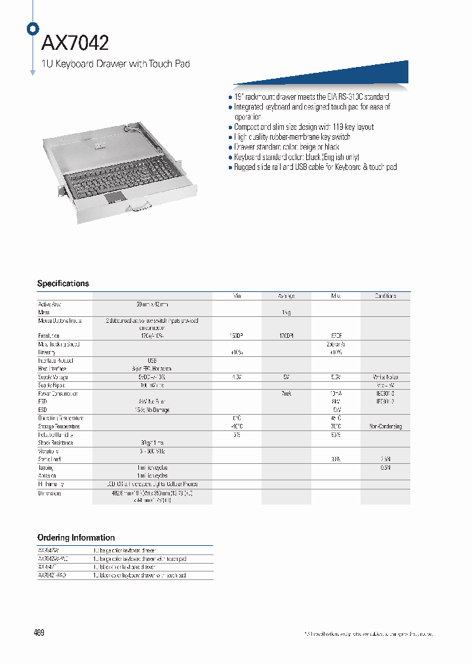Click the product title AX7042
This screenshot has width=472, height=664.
click(x=75, y=43)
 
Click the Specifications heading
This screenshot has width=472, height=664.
click(x=63, y=283)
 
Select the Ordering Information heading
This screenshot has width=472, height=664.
click(x=76, y=537)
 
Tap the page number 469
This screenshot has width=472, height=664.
click(x=39, y=633)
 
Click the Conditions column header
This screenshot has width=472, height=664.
click(x=385, y=296)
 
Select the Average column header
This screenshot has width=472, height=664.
click(x=286, y=296)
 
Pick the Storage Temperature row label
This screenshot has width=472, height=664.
click(x=56, y=426)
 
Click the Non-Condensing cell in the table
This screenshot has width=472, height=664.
click(x=385, y=426)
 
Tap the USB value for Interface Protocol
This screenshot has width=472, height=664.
click(x=152, y=361)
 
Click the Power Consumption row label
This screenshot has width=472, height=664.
click(x=58, y=394)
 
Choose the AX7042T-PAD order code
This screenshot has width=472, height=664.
click(x=52, y=575)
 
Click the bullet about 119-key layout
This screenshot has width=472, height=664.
click(x=304, y=127)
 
